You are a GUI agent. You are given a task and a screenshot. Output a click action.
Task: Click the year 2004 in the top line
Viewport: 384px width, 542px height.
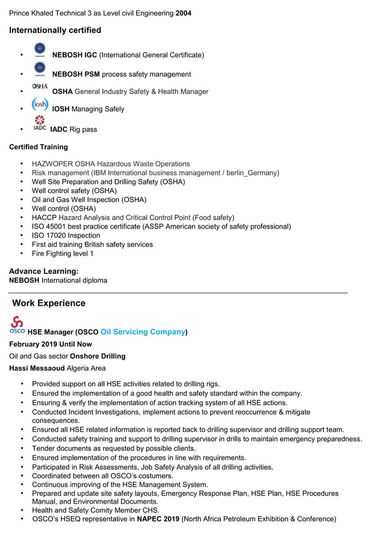184,13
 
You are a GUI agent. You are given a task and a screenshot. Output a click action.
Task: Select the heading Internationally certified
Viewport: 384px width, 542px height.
55,30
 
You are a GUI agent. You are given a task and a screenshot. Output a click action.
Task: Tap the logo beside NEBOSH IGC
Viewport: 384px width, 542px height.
40,50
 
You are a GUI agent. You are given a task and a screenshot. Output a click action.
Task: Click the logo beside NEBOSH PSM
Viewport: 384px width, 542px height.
40,69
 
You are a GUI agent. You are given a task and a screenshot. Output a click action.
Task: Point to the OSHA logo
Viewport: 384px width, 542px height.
40,87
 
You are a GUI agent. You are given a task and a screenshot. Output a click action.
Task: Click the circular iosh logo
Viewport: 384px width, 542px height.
40,104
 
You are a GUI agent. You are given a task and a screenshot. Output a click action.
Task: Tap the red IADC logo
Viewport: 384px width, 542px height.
40,123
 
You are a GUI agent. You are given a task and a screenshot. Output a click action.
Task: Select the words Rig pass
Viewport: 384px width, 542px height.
83,130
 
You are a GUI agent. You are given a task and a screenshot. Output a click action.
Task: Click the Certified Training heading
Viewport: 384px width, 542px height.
39,147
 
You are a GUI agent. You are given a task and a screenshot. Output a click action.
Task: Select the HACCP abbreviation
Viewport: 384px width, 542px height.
45,218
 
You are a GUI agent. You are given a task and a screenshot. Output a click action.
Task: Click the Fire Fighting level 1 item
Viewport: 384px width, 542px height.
63,254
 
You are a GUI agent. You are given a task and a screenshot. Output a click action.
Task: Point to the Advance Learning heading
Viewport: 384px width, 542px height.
43,271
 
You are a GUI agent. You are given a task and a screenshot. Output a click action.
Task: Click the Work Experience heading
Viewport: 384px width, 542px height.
49,303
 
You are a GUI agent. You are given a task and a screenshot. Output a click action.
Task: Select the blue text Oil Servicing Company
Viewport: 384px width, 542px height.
143,332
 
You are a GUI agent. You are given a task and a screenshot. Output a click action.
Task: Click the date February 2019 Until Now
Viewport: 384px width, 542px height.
51,344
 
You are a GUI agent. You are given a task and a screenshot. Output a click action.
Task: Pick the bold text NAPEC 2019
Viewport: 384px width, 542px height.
158,519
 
